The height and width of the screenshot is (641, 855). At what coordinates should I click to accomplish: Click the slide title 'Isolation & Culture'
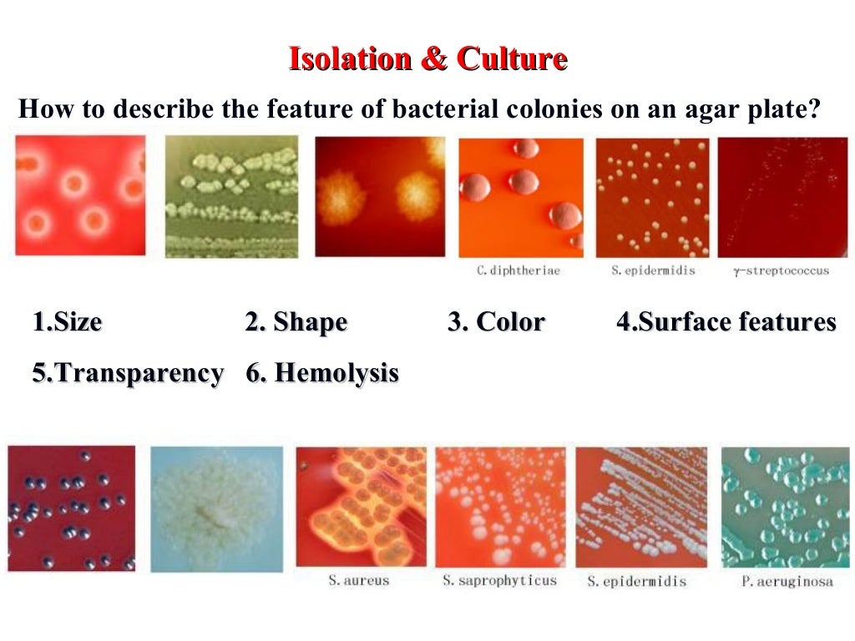click(x=427, y=59)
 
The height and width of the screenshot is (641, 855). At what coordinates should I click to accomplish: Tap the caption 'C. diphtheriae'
click(x=518, y=270)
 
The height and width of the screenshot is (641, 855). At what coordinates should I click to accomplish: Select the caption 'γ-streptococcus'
click(x=781, y=270)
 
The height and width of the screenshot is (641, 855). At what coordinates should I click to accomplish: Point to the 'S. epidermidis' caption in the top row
click(x=653, y=270)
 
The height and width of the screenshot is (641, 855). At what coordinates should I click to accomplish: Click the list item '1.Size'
click(x=68, y=322)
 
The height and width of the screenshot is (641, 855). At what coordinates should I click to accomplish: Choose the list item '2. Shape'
click(x=296, y=322)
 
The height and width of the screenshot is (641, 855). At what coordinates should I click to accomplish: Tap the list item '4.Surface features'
click(x=726, y=322)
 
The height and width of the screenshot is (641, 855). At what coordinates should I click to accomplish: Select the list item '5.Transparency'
click(x=128, y=373)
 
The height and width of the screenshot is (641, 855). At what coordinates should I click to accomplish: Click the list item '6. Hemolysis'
click(x=322, y=373)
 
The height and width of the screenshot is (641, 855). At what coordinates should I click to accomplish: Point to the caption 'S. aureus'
click(x=358, y=580)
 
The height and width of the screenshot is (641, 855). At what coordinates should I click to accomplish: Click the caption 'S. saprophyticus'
click(x=499, y=580)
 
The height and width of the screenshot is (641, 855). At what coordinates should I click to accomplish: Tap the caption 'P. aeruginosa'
click(x=787, y=581)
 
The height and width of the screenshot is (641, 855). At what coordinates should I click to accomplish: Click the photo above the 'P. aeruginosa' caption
click(x=785, y=507)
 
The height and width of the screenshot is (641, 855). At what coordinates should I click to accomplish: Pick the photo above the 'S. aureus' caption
click(x=362, y=507)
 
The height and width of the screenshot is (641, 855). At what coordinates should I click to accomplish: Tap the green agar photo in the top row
click(x=232, y=197)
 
